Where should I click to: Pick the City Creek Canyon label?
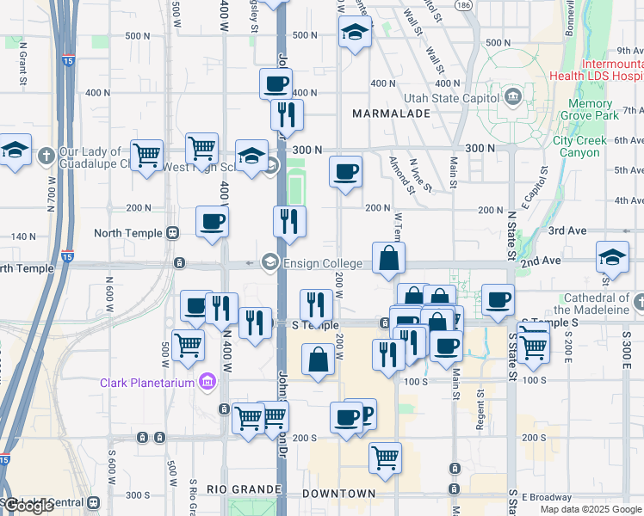[583, 146]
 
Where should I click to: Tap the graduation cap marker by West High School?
[251, 157]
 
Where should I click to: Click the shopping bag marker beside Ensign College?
[389, 257]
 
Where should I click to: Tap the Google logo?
[28, 506]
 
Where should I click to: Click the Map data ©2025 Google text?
[589, 509]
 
